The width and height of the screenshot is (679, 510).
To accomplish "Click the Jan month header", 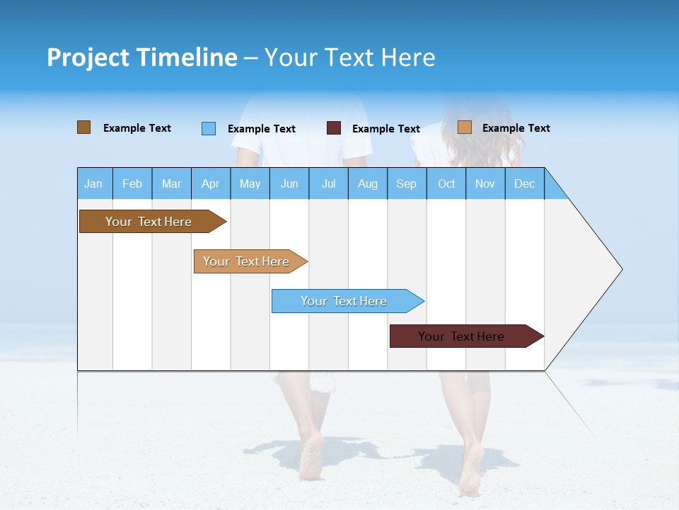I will click(93, 184).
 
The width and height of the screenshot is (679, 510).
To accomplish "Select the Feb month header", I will click(132, 184).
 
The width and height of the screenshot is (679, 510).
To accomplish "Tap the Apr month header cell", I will click(210, 184).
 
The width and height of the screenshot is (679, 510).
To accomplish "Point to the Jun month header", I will click(289, 184).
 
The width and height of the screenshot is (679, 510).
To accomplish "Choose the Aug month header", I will click(367, 184).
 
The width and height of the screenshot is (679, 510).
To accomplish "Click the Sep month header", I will click(406, 184).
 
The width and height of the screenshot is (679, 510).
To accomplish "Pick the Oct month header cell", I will click(446, 184).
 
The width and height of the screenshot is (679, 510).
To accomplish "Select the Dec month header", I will click(524, 184).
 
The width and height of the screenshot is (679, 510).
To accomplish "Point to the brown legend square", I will click(83, 127).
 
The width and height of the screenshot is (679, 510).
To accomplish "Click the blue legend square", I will click(209, 128).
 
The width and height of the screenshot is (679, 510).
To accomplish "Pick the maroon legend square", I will click(334, 128).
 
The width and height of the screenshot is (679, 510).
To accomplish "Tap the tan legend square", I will click(464, 127).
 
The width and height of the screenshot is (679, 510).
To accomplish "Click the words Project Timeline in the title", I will click(142, 57).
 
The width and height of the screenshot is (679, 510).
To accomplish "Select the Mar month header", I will click(171, 184).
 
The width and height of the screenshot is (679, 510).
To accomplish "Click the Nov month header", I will click(485, 184).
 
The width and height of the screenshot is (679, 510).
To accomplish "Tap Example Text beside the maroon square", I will click(386, 129).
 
